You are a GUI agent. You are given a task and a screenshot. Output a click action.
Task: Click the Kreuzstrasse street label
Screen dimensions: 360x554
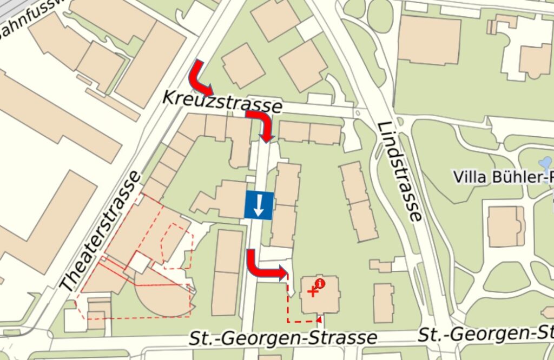222,102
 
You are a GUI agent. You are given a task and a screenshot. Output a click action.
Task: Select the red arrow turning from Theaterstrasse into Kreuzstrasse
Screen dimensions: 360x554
200,78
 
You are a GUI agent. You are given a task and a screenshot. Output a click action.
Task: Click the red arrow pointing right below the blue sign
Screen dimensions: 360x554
265,267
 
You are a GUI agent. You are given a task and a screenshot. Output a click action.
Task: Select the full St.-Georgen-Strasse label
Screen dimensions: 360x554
282,338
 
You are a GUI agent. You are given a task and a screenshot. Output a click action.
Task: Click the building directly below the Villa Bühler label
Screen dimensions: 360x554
506,226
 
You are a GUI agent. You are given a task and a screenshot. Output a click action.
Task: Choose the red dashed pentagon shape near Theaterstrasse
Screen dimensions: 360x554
177,245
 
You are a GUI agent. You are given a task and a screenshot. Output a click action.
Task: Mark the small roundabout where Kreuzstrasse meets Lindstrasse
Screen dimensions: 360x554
358,114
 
